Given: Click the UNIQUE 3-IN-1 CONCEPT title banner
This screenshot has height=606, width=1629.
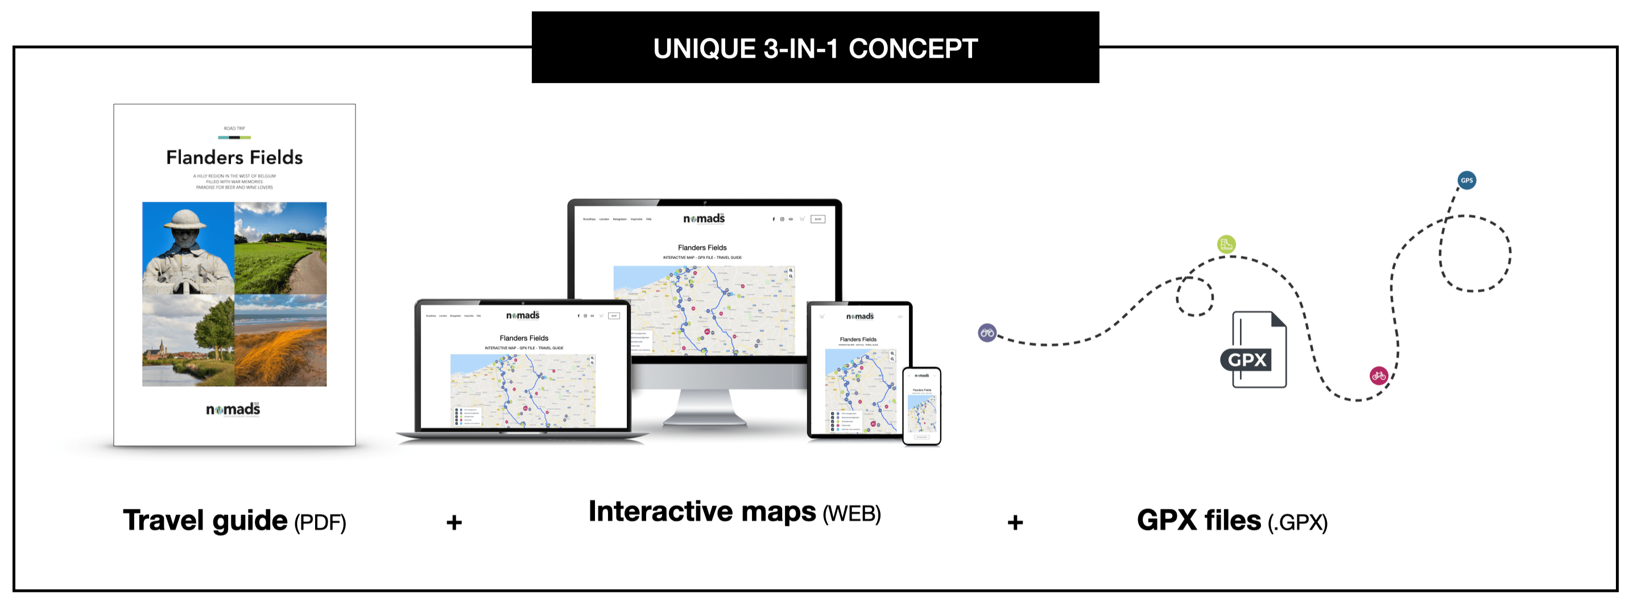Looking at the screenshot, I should [814, 48].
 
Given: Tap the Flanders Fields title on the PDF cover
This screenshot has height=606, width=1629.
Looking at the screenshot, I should [234, 157].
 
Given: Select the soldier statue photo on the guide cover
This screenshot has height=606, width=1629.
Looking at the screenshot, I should [188, 248].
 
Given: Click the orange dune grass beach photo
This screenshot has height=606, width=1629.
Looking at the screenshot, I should [281, 341].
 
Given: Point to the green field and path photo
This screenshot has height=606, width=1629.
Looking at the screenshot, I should [281, 248].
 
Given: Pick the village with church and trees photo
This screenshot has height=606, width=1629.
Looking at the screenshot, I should [188, 341].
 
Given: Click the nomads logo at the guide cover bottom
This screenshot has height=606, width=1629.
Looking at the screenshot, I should [233, 409].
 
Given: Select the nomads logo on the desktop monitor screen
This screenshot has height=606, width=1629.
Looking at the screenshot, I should [703, 219].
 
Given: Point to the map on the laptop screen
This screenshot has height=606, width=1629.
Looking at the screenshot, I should [522, 390].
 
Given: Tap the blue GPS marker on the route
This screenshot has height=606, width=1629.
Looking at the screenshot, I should [1466, 180].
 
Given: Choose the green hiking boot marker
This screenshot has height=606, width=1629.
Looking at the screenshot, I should [1226, 244].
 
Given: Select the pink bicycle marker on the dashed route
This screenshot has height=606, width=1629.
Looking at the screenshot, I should [1379, 376].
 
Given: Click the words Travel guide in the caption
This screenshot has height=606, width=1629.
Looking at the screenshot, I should [205, 521].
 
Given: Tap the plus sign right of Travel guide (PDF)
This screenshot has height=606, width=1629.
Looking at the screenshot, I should [453, 522].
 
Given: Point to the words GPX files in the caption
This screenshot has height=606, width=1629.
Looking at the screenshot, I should [1198, 521].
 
